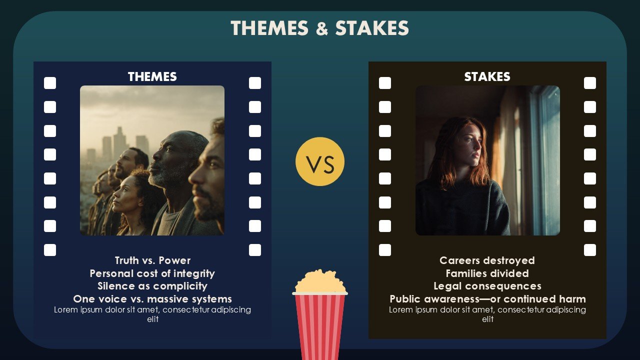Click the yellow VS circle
[x=320, y=161]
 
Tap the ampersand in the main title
[x=322, y=28]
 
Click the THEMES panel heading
[x=152, y=76]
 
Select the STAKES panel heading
[x=487, y=76]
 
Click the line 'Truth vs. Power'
[x=152, y=260]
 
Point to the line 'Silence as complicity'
[x=152, y=286]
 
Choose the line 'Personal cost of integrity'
[x=152, y=273]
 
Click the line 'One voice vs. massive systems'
[x=152, y=299]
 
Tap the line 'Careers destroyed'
[x=487, y=260]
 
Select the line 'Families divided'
[x=487, y=273]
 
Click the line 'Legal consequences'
[x=487, y=286]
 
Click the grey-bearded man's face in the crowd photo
[x=168, y=160]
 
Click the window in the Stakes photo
[x=544, y=160]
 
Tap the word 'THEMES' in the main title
[x=269, y=28]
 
